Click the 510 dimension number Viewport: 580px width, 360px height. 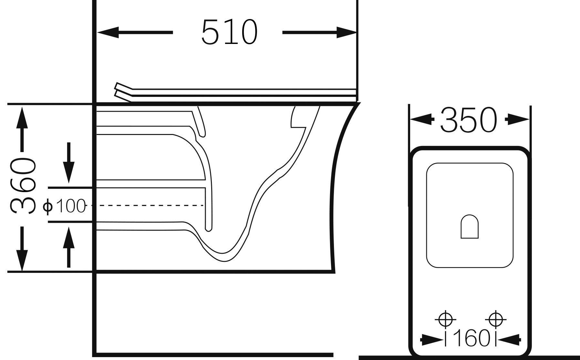coord(229,32)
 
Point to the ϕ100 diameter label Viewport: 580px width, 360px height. coord(64,206)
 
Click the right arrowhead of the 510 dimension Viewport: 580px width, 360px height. coord(346,32)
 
